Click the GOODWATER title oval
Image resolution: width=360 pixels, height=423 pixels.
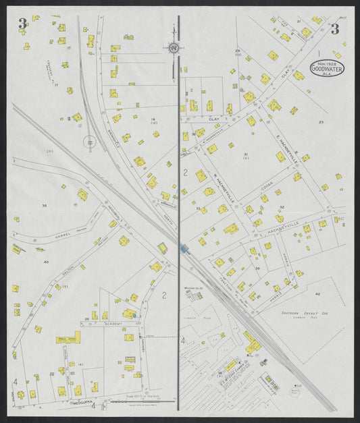click(326, 68)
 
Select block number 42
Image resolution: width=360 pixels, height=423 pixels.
click(317, 294)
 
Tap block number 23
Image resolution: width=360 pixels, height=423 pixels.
click(322, 122)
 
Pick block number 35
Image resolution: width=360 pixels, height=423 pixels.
click(45, 204)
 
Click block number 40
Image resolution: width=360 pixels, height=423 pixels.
click(45, 262)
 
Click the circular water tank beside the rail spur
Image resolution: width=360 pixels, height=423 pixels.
click(88, 142)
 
